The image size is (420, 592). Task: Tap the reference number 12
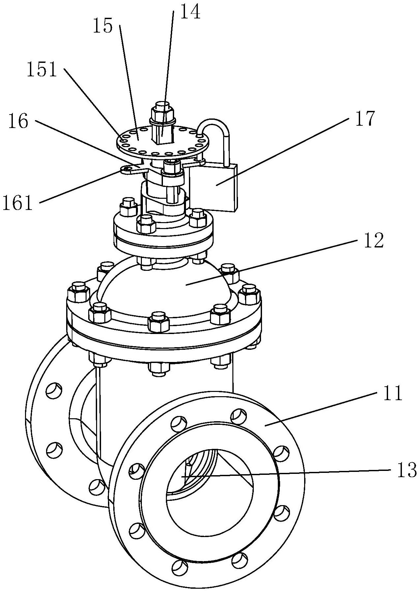373,241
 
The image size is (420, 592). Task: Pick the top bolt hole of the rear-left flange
54,391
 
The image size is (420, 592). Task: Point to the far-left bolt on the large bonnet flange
78,291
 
